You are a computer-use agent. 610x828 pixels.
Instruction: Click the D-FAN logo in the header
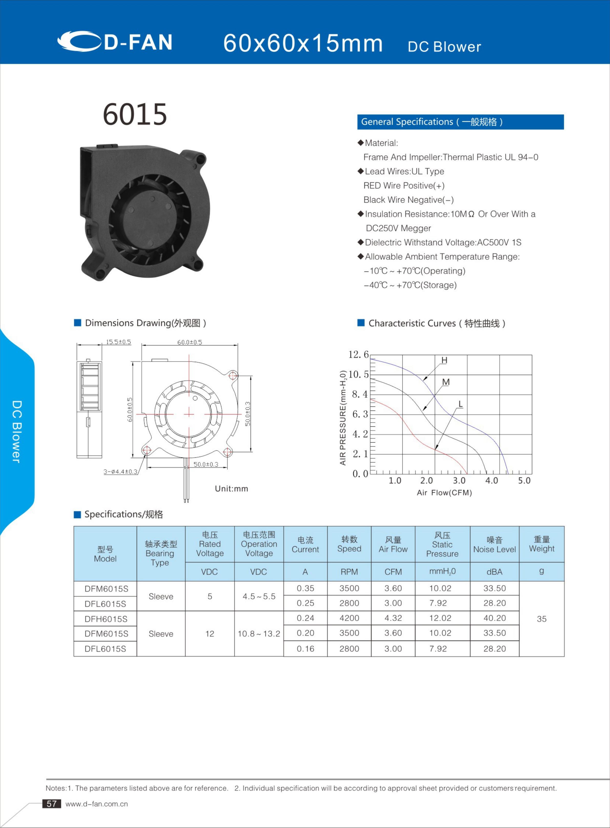(115, 41)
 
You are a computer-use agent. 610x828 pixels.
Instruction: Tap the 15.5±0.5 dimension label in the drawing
(118, 342)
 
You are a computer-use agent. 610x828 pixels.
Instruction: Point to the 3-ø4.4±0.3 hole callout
(120, 472)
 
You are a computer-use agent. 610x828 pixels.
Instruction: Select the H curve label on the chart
(444, 360)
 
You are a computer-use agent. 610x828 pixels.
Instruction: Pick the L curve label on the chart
(460, 404)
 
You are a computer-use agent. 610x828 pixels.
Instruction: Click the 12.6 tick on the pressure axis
(358, 354)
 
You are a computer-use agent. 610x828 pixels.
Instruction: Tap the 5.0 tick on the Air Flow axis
(524, 481)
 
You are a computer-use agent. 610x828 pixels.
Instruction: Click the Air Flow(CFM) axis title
(444, 493)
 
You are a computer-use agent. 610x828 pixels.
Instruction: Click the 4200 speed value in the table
(349, 618)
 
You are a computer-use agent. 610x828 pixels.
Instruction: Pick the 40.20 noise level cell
(494, 618)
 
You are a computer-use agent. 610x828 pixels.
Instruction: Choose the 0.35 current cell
(305, 588)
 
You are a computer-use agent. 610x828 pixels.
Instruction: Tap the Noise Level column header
(494, 545)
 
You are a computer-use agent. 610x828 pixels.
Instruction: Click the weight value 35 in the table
(541, 619)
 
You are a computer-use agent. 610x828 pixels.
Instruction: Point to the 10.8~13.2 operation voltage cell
(259, 634)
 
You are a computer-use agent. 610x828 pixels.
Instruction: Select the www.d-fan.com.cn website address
(97, 804)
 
